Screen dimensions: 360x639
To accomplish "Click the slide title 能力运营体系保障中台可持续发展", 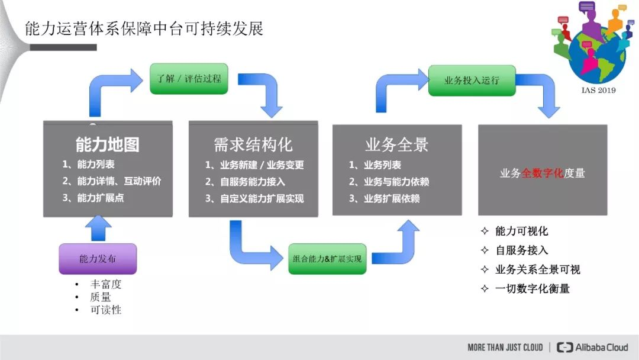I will point(144,28).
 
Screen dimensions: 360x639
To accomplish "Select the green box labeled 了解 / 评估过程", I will point(189,78).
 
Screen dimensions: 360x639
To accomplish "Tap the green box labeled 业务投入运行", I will point(472,80).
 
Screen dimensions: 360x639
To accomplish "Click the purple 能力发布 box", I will point(98,259).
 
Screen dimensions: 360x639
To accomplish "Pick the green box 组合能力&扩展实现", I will point(327,259).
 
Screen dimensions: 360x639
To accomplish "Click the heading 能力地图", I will point(108,144).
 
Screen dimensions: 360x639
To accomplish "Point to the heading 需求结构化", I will point(253,144).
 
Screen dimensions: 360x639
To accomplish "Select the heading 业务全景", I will point(396,144).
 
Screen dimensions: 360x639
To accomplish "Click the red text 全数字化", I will point(542,173).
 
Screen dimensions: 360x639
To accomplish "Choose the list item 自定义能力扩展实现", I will point(262,199).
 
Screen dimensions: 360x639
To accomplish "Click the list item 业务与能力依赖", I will point(396,182).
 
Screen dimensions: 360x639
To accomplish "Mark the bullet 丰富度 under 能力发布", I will point(106,284).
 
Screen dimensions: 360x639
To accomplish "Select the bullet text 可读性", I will point(106,310).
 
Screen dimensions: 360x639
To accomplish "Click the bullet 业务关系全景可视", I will point(537,269).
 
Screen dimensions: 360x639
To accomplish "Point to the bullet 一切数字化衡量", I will point(532,289).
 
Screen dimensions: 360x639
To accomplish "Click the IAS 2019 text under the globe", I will point(598,90).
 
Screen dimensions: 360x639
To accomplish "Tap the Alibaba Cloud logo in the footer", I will point(593,348).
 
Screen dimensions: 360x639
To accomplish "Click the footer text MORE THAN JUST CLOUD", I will point(505,348).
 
